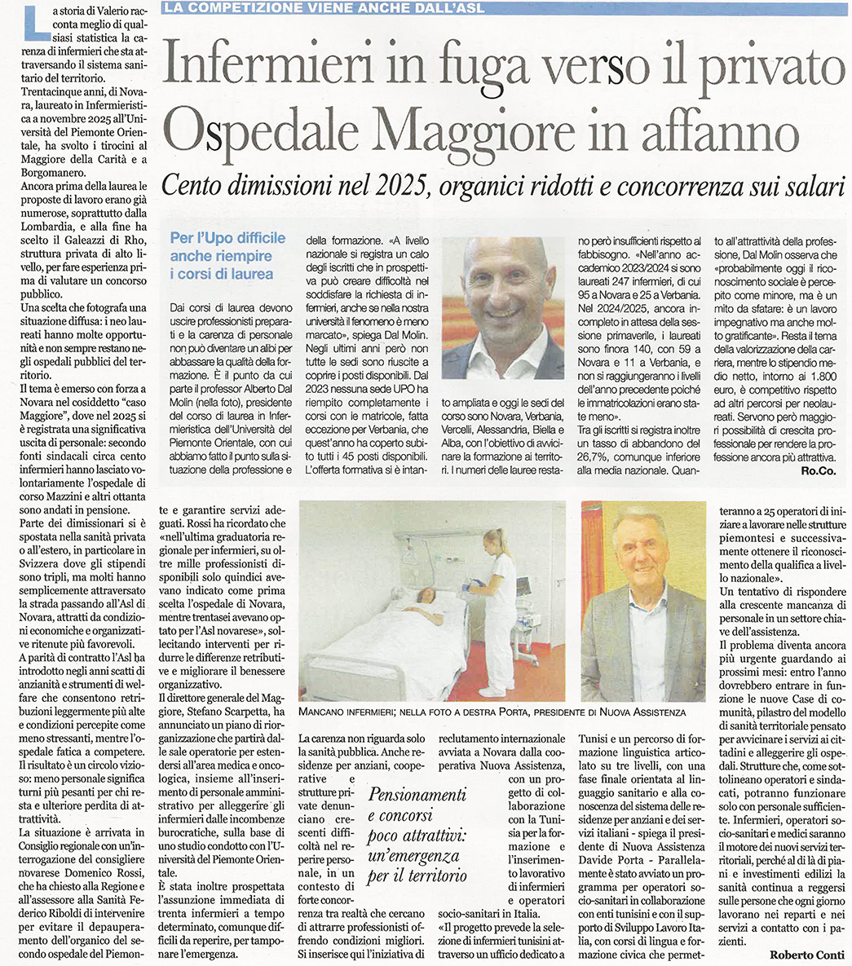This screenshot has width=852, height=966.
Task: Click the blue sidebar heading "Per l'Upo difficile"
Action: (228, 238)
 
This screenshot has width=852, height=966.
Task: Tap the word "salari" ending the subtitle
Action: (810, 187)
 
